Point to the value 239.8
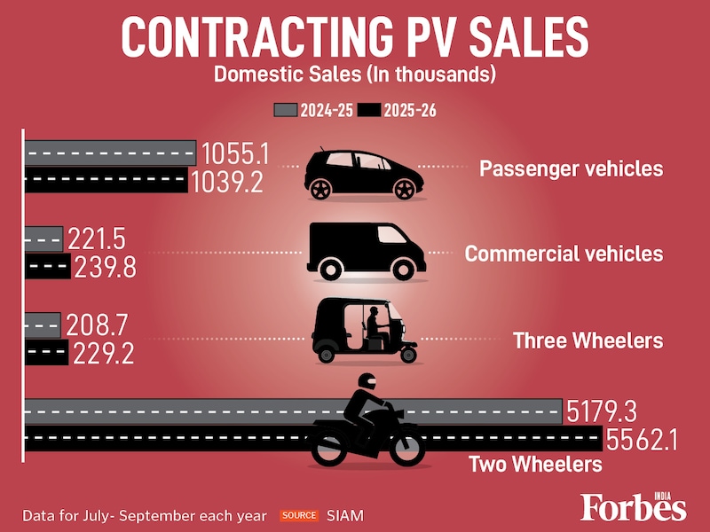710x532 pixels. point(106,268)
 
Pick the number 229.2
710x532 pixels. point(103,355)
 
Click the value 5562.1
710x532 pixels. point(641,440)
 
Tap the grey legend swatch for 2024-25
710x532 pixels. point(285,110)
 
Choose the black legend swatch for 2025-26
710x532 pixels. point(368,110)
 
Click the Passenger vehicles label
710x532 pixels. point(571,168)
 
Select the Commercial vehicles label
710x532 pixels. point(564,254)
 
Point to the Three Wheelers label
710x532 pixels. point(588,340)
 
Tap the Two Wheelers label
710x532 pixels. point(535,464)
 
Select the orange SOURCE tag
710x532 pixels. point(299,515)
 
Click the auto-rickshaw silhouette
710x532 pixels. point(365,331)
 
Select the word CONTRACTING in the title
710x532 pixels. point(247,38)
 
